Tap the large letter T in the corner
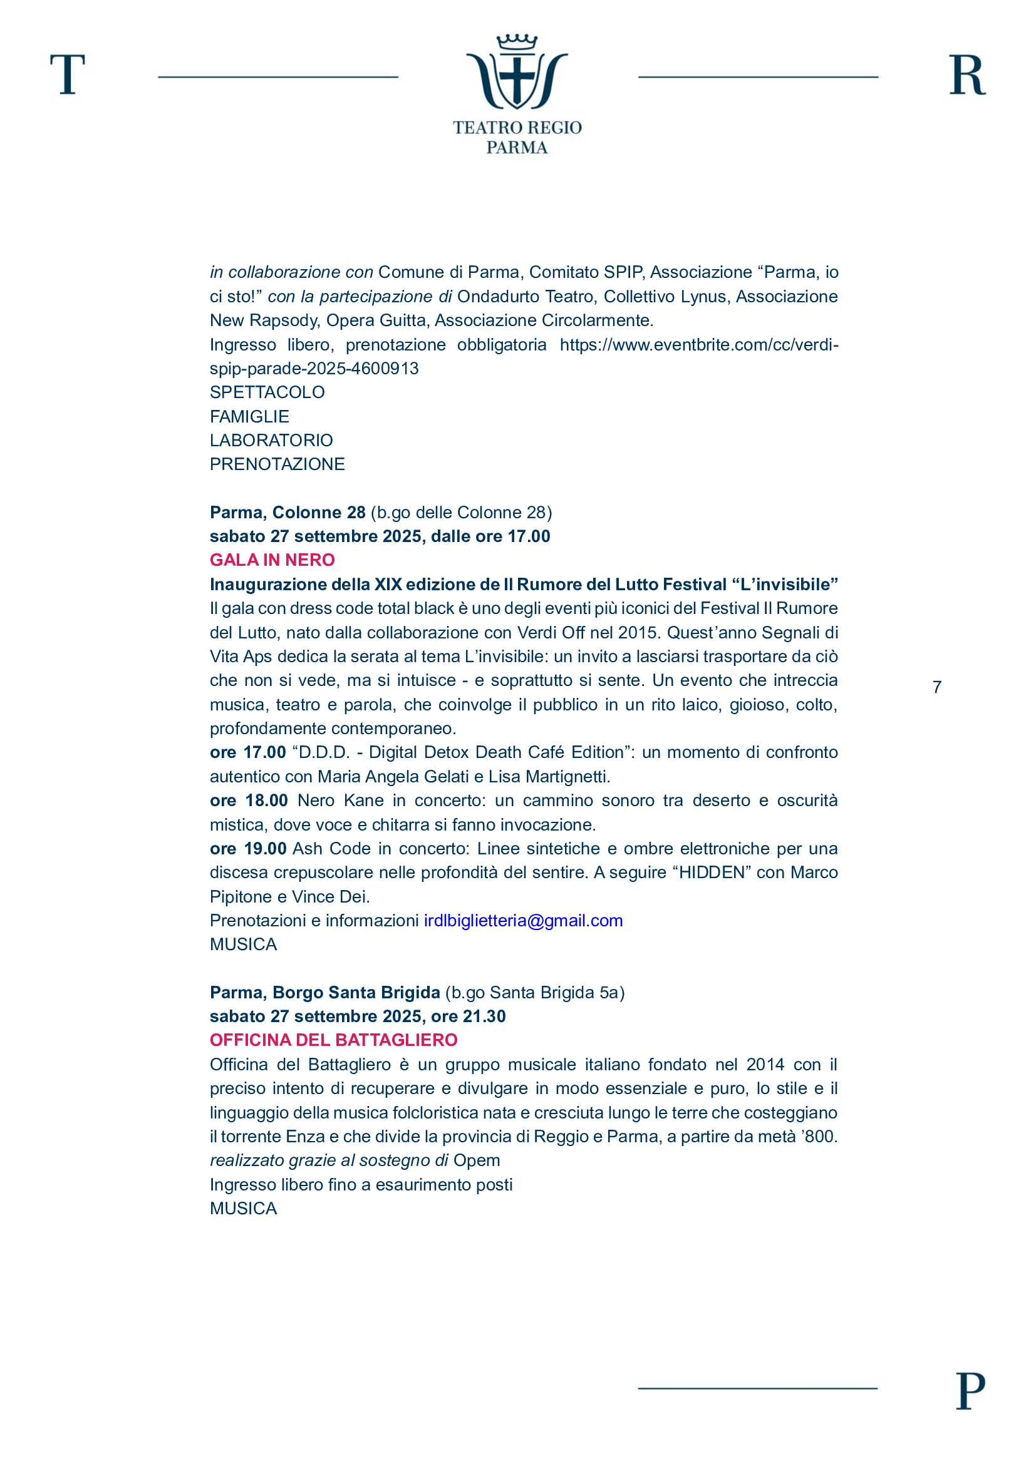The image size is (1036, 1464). pyautogui.click(x=68, y=74)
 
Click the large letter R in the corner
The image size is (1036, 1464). pyautogui.click(x=967, y=75)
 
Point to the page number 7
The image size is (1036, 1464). pyautogui.click(x=936, y=687)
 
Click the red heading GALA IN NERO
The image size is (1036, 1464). pyautogui.click(x=272, y=560)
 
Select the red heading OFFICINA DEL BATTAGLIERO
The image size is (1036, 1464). pyautogui.click(x=334, y=1040)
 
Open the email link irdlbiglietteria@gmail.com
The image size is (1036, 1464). pyautogui.click(x=523, y=920)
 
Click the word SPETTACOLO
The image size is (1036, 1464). pyautogui.click(x=267, y=392)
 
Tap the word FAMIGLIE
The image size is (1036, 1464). pyautogui.click(x=249, y=416)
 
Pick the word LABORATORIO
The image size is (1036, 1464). pyautogui.click(x=271, y=440)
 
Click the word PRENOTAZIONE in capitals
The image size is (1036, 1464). pyautogui.click(x=277, y=464)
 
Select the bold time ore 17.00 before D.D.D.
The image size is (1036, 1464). pyautogui.click(x=247, y=752)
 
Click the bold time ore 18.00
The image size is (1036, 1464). pyautogui.click(x=249, y=801)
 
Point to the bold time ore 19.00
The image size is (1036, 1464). pyautogui.click(x=248, y=849)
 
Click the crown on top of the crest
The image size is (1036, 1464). pyautogui.click(x=517, y=42)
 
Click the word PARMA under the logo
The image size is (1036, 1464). pyautogui.click(x=517, y=147)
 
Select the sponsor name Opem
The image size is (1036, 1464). pyautogui.click(x=477, y=1160)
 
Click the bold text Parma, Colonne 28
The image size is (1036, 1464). pyautogui.click(x=287, y=512)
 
